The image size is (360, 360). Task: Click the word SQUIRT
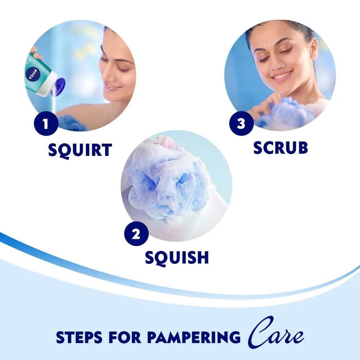tap(80, 150)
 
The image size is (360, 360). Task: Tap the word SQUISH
tap(177, 258)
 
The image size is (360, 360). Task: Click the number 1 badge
tap(46, 123)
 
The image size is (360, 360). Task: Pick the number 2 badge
tap(136, 234)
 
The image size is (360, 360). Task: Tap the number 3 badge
tap(241, 123)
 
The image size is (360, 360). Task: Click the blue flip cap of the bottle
tap(58, 87)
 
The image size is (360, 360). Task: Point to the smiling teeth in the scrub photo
tap(282, 75)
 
